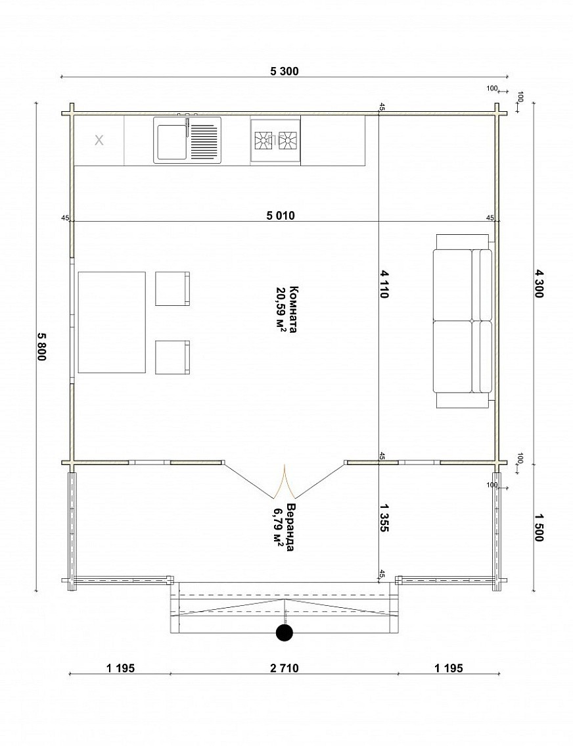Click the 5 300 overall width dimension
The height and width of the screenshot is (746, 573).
284,71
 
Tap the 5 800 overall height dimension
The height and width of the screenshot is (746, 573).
42,346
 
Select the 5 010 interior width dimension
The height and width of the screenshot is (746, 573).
281,216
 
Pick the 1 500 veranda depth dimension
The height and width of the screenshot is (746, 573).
539,527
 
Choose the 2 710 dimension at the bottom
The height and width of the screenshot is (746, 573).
284,668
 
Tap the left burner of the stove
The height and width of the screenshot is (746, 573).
262,140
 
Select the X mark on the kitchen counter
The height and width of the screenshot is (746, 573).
99,140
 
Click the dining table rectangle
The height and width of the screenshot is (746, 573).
112,322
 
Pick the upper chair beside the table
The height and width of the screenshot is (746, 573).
172,289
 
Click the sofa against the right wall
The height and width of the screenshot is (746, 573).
463,321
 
